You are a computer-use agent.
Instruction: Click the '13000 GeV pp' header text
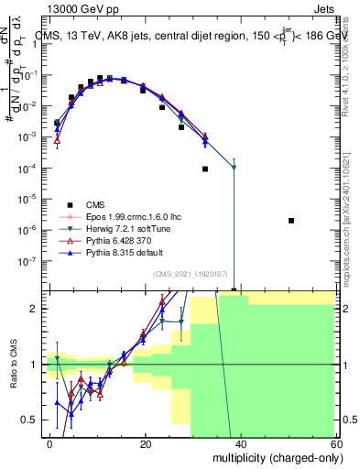click(x=54, y=8)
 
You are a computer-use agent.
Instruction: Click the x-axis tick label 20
click(x=145, y=442)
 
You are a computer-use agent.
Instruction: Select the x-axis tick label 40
click(x=240, y=442)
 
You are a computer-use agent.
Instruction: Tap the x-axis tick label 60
click(x=335, y=442)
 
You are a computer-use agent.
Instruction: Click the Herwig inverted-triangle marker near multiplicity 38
click(x=235, y=168)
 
